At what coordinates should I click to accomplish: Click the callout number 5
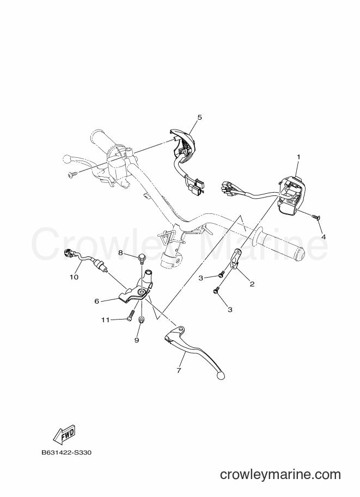tap(199, 117)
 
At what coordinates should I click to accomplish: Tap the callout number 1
tap(298, 157)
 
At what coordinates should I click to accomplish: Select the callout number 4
tap(324, 237)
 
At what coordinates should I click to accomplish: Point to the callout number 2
tap(252, 284)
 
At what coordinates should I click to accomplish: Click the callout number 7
tap(179, 370)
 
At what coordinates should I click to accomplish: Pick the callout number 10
tap(74, 277)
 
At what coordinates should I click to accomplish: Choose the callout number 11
tap(106, 320)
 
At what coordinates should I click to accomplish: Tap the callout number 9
tap(137, 340)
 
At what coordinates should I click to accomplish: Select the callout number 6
tap(97, 301)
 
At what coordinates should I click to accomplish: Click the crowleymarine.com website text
tap(280, 475)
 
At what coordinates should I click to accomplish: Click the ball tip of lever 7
tap(221, 375)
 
